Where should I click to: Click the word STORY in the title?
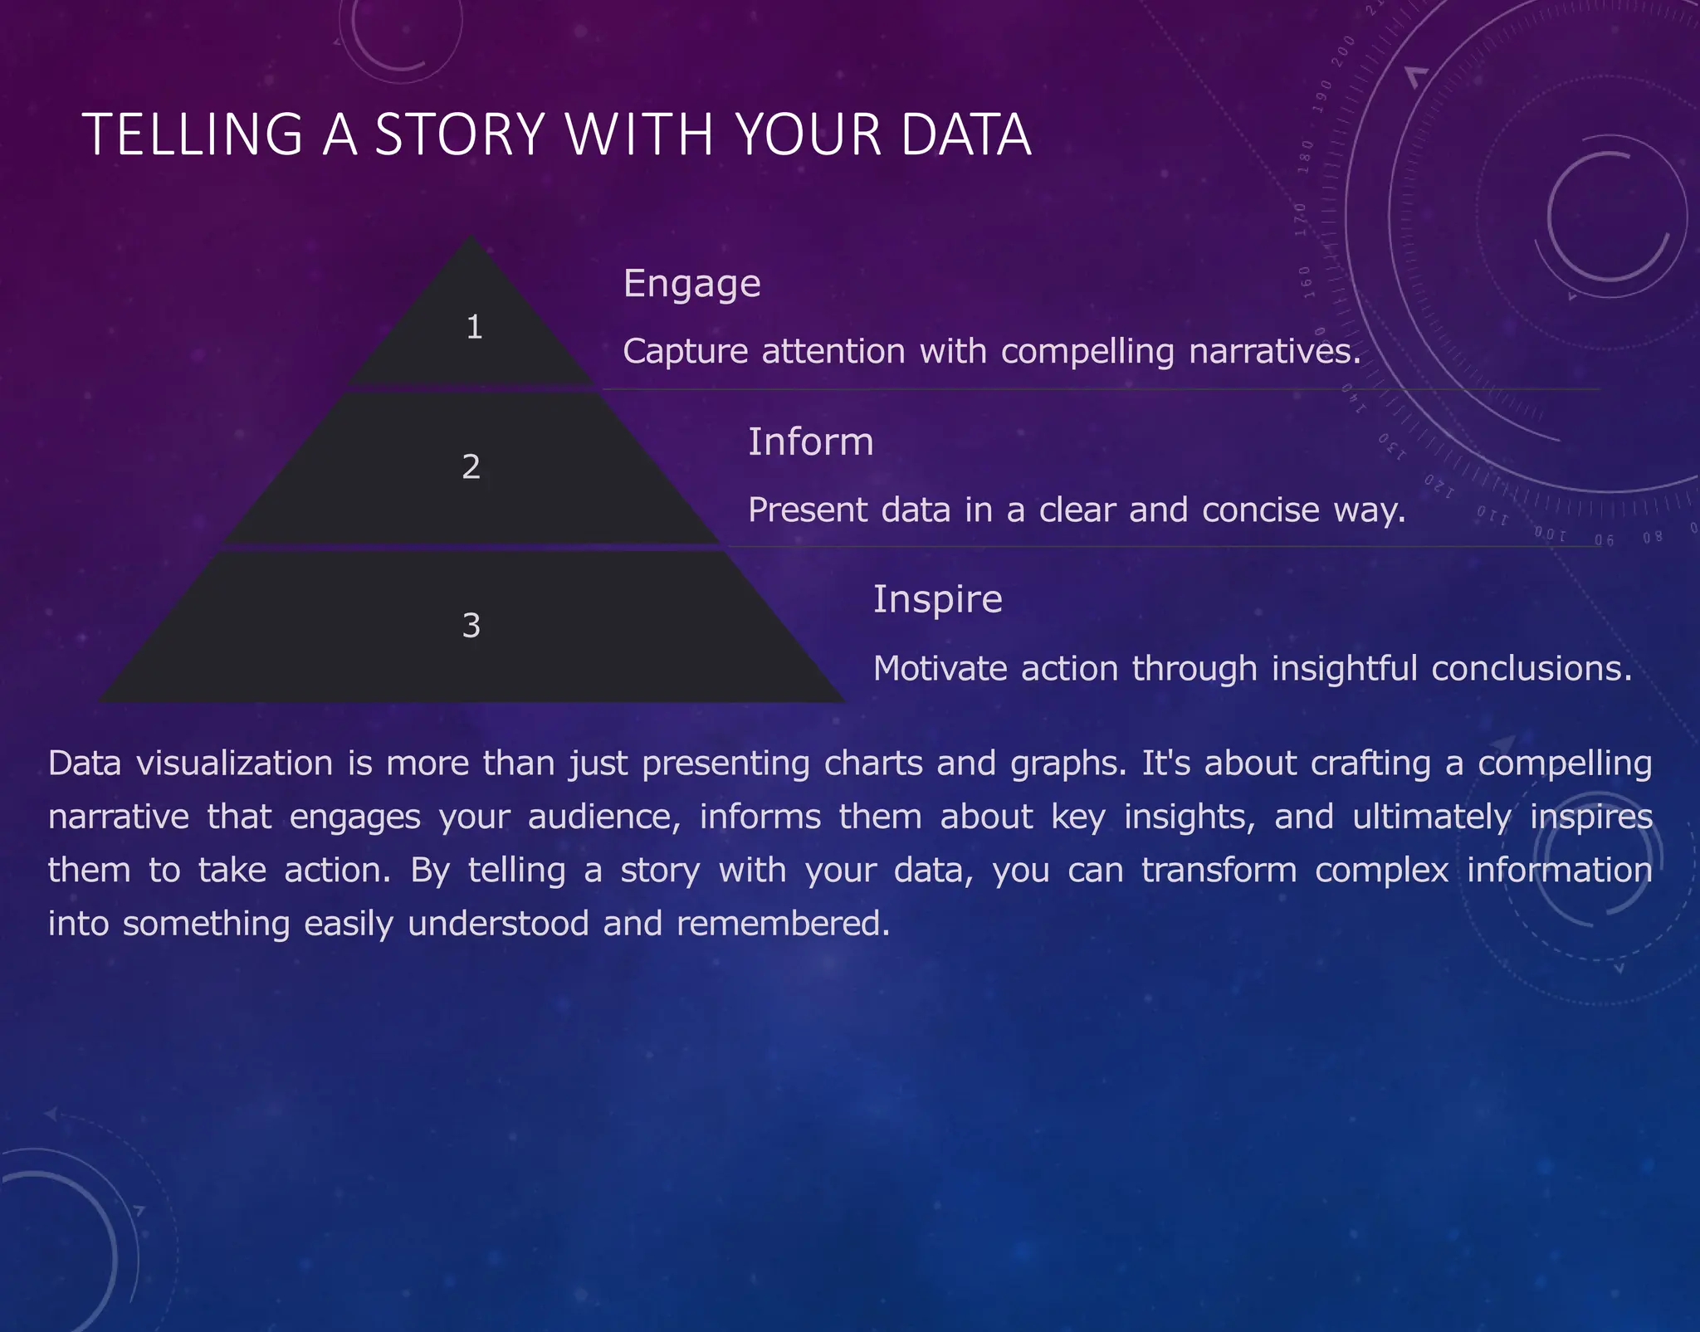pyautogui.click(x=459, y=134)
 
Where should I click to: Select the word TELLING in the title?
pyautogui.click(x=193, y=134)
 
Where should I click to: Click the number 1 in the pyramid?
pyautogui.click(x=474, y=327)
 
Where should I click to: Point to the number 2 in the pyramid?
pyautogui.click(x=471, y=466)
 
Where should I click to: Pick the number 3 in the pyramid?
pyautogui.click(x=471, y=625)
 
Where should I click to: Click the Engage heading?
pyautogui.click(x=691, y=284)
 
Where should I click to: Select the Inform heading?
pyautogui.click(x=810, y=442)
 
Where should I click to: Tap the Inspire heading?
pyautogui.click(x=937, y=599)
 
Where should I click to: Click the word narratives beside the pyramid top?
pyautogui.click(x=1274, y=352)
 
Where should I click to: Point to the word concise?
pyautogui.click(x=1260, y=510)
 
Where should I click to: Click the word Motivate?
pyautogui.click(x=940, y=668)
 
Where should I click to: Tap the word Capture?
pyautogui.click(x=686, y=352)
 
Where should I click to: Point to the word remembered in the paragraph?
pyautogui.click(x=783, y=924)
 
